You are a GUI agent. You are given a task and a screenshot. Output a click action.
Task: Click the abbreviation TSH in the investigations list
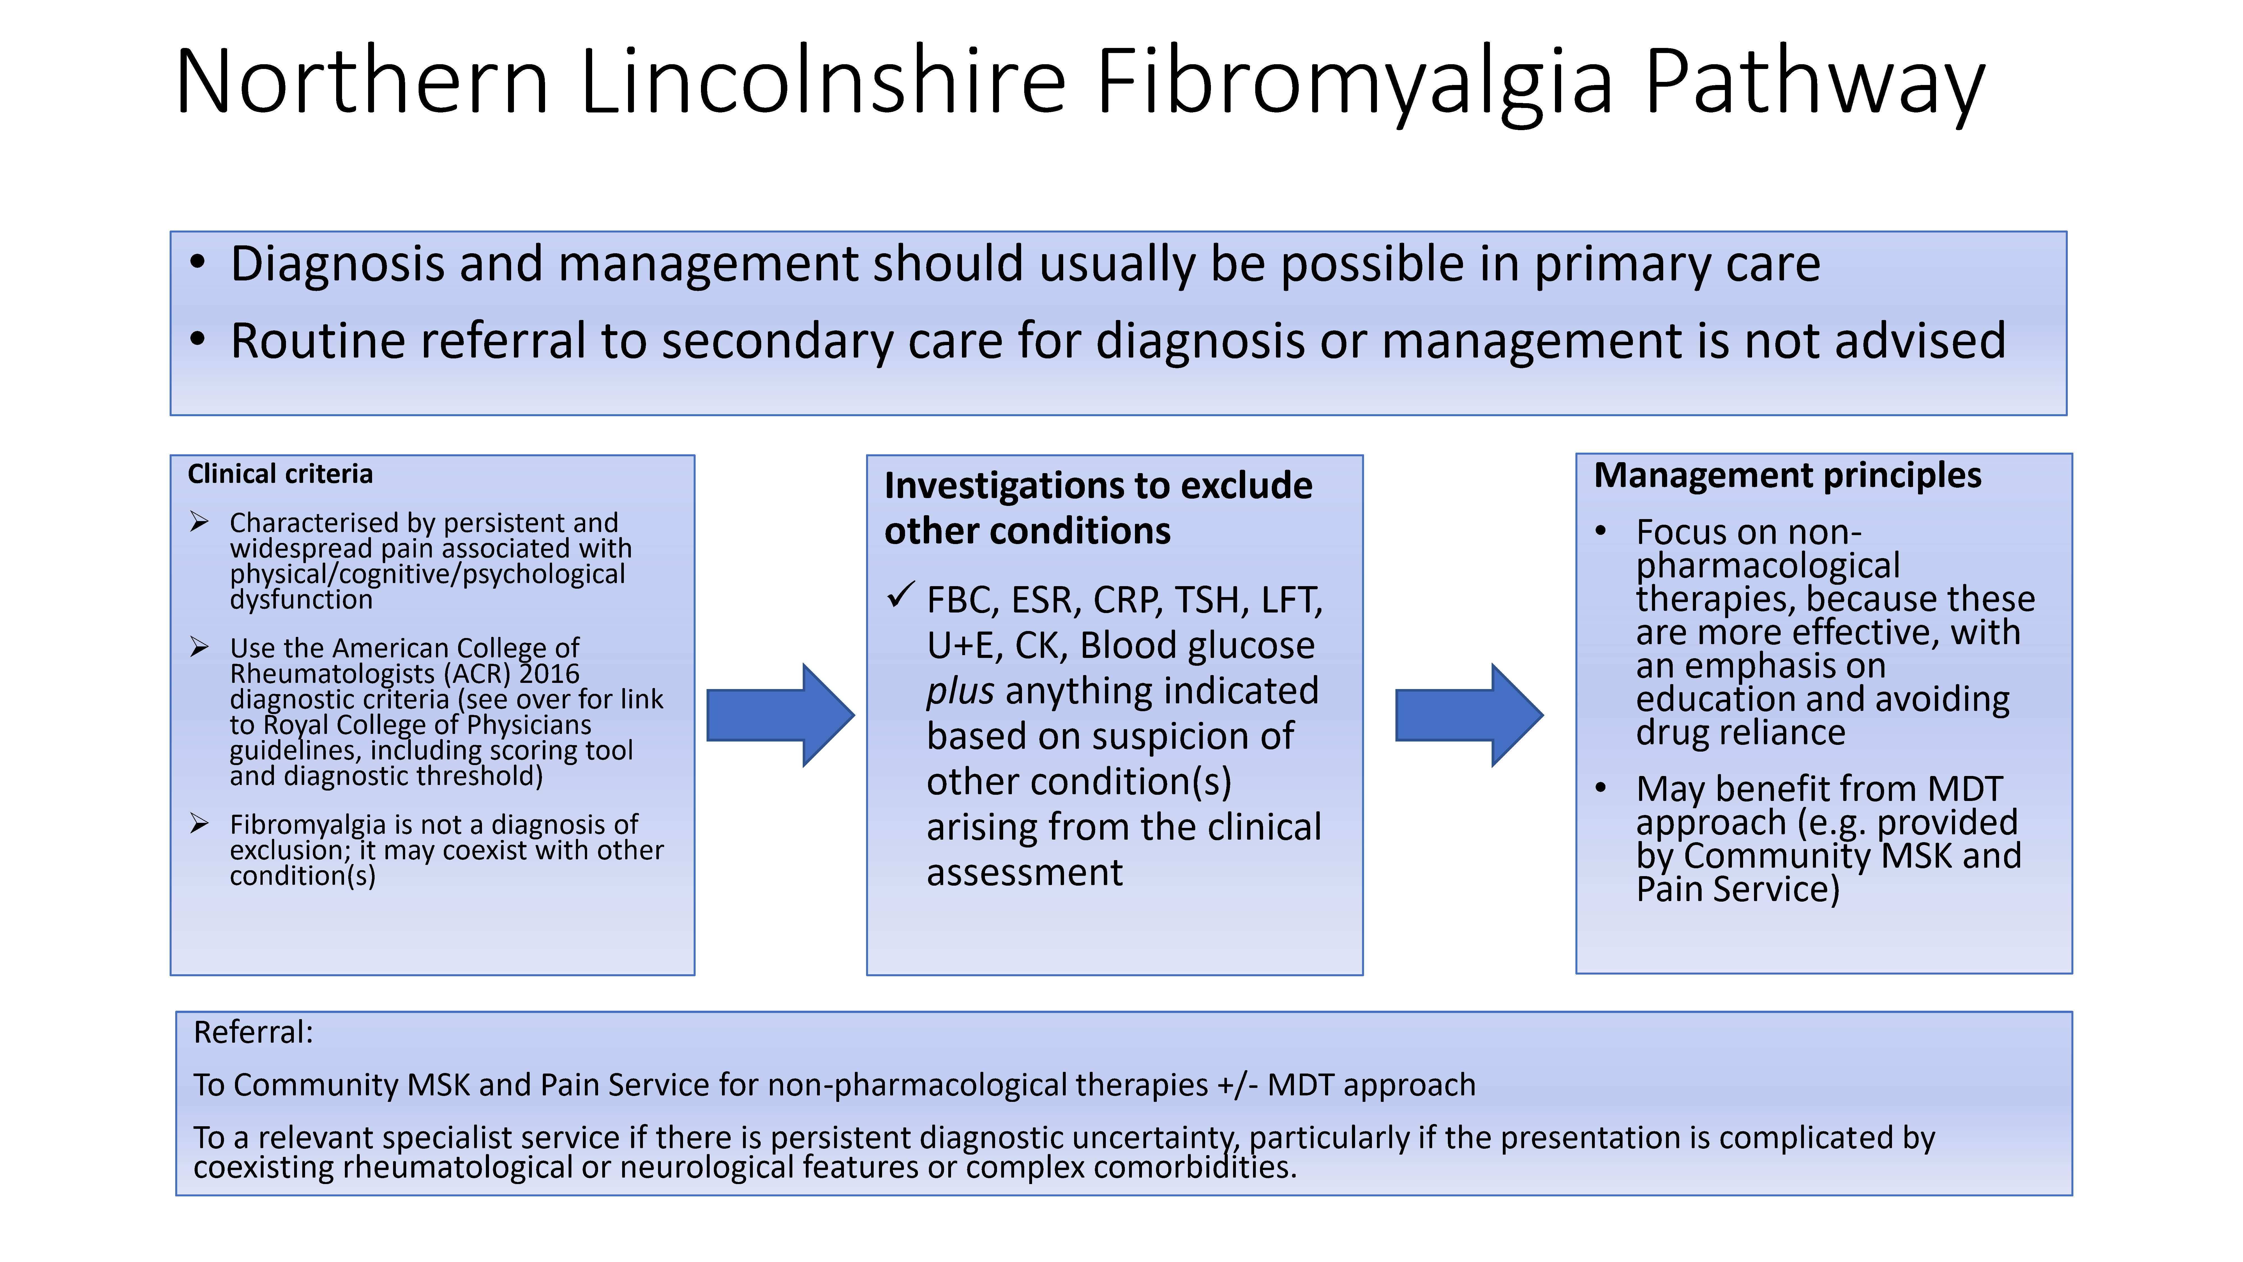[1207, 600]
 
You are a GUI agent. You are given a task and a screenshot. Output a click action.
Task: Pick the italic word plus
[959, 691]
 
